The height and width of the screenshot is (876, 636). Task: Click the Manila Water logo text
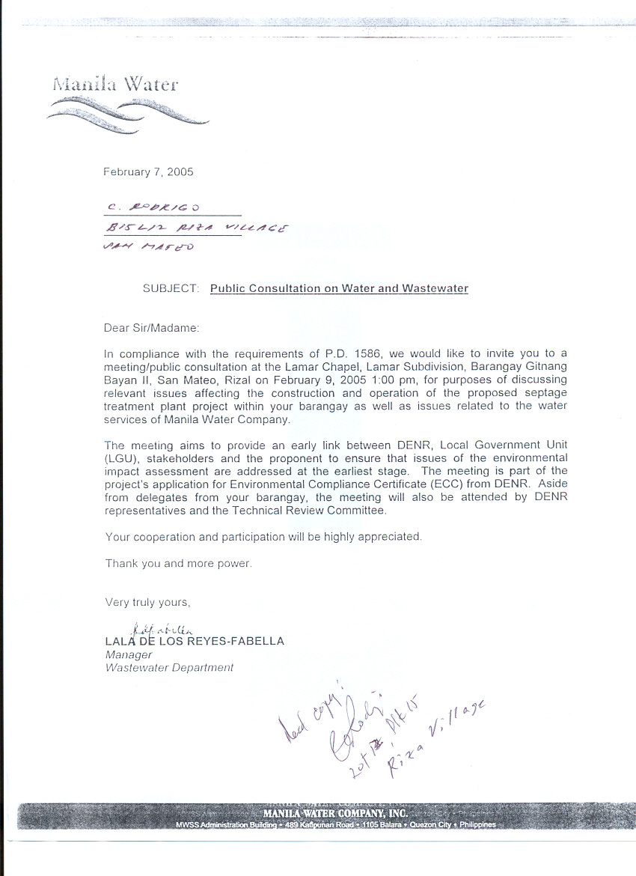click(x=115, y=83)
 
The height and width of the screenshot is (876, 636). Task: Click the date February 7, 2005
click(x=148, y=171)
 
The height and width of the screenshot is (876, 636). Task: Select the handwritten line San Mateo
click(x=145, y=247)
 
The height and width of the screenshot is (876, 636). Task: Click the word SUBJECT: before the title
click(x=171, y=288)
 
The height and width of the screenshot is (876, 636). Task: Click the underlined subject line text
click(x=339, y=288)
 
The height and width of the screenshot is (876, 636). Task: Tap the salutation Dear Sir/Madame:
click(x=153, y=327)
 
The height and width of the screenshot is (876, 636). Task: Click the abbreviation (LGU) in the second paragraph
click(x=122, y=457)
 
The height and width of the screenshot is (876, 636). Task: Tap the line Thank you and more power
click(x=178, y=564)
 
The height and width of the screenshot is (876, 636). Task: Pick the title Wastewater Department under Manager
click(x=169, y=668)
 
